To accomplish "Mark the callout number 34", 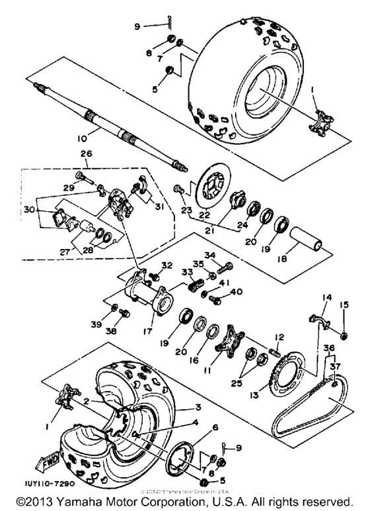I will pyautogui.click(x=228, y=255).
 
